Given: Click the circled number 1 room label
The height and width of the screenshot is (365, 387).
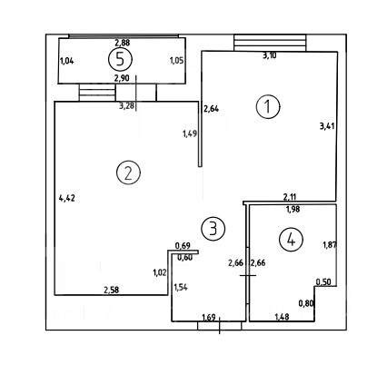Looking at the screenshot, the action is click(268, 106).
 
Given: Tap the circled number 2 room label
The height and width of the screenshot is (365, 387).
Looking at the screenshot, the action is click(128, 173).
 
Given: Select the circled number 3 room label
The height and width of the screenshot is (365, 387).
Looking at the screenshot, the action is click(213, 229).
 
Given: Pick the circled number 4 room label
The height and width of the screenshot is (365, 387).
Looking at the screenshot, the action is click(291, 240).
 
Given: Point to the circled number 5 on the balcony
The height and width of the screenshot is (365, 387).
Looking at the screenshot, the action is click(120, 59).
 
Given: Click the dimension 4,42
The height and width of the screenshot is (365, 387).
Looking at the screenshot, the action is click(67, 199).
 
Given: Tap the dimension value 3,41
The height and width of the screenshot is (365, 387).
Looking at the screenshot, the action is click(327, 125).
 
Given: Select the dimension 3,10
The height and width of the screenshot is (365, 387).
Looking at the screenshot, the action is click(269, 55).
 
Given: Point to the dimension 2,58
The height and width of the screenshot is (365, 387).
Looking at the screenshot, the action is click(112, 290).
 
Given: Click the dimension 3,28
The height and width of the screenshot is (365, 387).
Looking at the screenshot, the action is click(127, 106).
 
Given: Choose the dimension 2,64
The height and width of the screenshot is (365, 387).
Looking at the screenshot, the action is click(211, 108).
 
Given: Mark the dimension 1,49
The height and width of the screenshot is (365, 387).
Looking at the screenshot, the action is click(190, 133).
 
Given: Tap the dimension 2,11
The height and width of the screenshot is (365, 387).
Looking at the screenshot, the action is click(290, 197).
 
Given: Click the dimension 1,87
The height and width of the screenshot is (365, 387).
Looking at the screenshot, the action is click(330, 244).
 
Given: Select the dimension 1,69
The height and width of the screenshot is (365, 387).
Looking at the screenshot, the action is click(209, 318).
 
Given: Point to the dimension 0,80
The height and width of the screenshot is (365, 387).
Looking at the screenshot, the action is click(306, 303).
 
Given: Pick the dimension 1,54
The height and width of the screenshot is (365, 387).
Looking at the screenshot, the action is click(181, 287).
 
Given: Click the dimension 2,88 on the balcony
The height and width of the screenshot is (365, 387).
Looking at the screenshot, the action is click(123, 43).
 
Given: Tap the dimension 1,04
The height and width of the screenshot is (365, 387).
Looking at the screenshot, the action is click(67, 61).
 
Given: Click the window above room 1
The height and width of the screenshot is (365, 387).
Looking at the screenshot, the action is click(270, 43).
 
